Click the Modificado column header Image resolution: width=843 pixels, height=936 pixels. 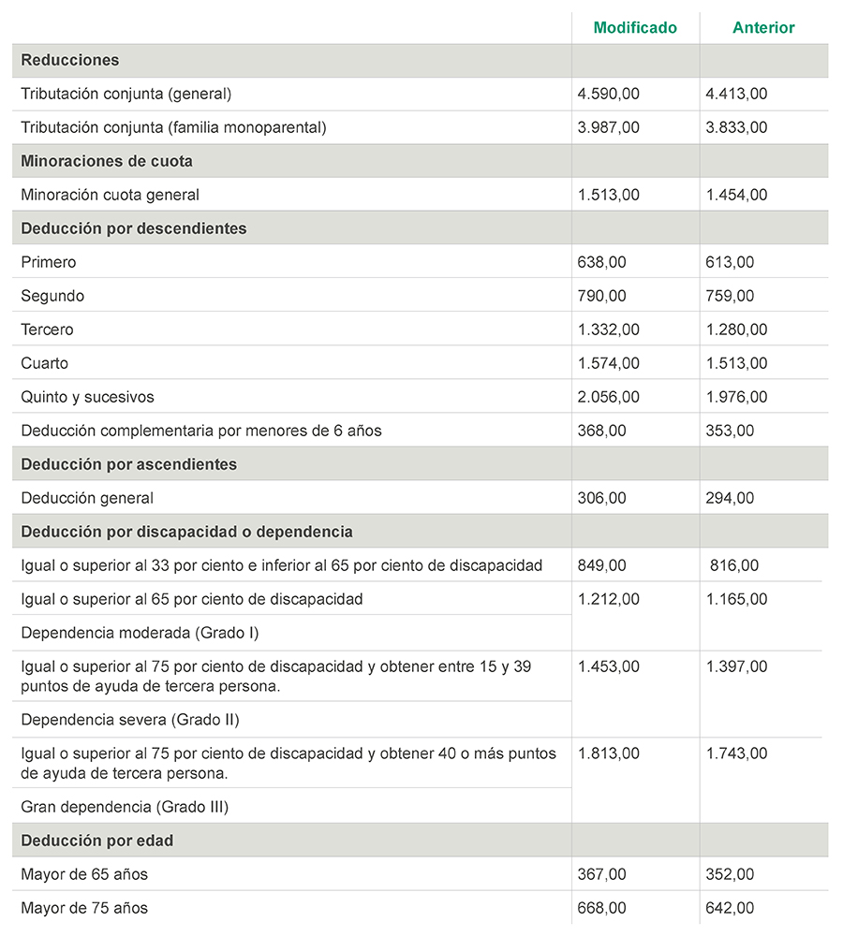click(x=635, y=27)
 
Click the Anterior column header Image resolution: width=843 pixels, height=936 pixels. click(x=763, y=27)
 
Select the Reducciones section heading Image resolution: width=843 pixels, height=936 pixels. click(x=70, y=60)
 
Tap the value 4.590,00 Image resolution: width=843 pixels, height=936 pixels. click(x=609, y=94)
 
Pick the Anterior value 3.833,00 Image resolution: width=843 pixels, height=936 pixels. click(x=736, y=127)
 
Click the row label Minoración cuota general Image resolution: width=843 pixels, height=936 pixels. click(x=110, y=195)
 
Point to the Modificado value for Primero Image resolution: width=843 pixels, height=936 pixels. click(x=602, y=262)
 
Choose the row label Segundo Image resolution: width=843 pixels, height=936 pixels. click(x=52, y=296)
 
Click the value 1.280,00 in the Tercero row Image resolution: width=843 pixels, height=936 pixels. click(x=736, y=329)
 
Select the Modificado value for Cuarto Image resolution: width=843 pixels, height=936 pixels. click(x=609, y=363)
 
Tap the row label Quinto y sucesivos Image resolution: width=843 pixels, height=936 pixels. click(x=87, y=397)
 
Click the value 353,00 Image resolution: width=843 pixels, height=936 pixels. click(x=730, y=431)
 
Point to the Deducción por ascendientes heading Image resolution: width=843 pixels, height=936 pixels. click(x=128, y=464)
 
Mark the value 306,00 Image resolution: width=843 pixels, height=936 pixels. click(x=602, y=498)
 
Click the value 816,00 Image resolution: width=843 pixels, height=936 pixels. click(x=734, y=565)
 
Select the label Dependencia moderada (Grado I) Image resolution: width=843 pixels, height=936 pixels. click(x=140, y=633)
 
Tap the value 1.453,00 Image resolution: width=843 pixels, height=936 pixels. click(x=609, y=666)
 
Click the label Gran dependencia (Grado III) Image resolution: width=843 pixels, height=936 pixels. click(x=125, y=806)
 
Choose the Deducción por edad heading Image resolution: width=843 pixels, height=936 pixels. click(x=97, y=841)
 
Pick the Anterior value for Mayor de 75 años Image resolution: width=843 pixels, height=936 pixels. click(x=730, y=908)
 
